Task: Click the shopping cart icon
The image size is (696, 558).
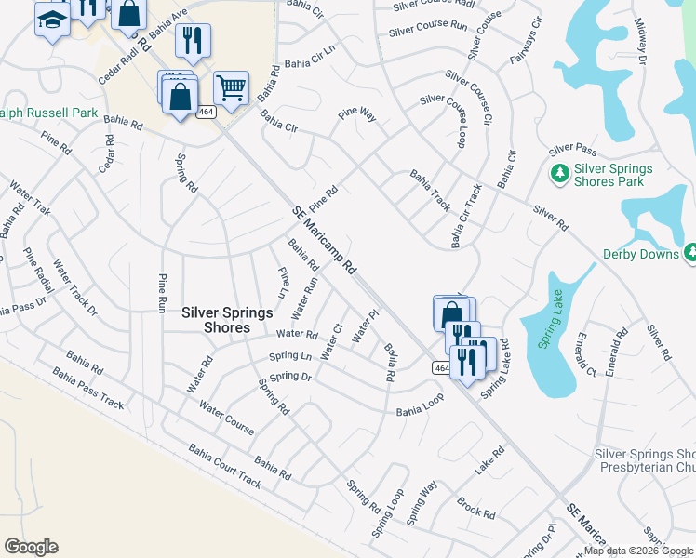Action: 231,88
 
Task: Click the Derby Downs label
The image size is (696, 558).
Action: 641,253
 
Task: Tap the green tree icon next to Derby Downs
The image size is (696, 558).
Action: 690,252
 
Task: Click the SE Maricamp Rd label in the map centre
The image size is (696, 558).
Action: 324,240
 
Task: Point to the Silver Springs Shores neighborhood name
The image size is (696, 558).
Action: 216,320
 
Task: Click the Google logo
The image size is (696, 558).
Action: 32,546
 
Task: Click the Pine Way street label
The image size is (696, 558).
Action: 357,114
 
